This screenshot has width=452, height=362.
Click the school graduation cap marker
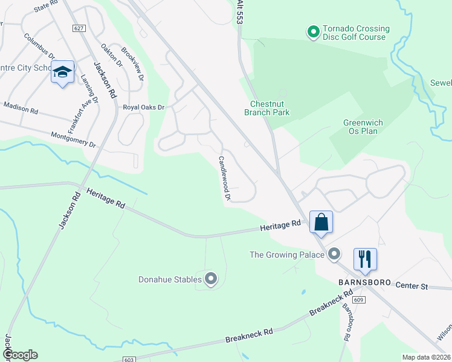pyautogui.click(x=62, y=72)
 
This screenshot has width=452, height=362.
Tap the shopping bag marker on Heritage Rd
pyautogui.click(x=321, y=221)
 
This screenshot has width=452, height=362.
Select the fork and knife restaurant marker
pyautogui.click(x=365, y=259)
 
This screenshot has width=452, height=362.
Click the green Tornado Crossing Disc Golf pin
pyautogui.click(x=313, y=31)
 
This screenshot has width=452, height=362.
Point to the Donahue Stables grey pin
pyautogui.click(x=211, y=279)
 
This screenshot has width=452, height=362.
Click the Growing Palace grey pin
pyautogui.click(x=334, y=255)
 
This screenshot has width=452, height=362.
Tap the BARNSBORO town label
pyautogui.click(x=361, y=282)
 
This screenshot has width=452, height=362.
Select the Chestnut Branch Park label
pyautogui.click(x=266, y=108)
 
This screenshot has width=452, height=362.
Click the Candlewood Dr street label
pyautogui.click(x=225, y=178)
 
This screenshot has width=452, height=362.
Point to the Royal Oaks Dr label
pyautogui.click(x=144, y=107)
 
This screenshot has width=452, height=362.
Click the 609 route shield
pyautogui.click(x=359, y=299)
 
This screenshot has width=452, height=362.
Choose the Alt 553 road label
pyautogui.click(x=240, y=12)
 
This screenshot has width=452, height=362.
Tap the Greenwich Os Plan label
pyautogui.click(x=363, y=127)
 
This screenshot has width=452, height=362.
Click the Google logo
pyautogui.click(x=20, y=355)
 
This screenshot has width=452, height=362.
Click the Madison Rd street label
pyautogui.click(x=21, y=108)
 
